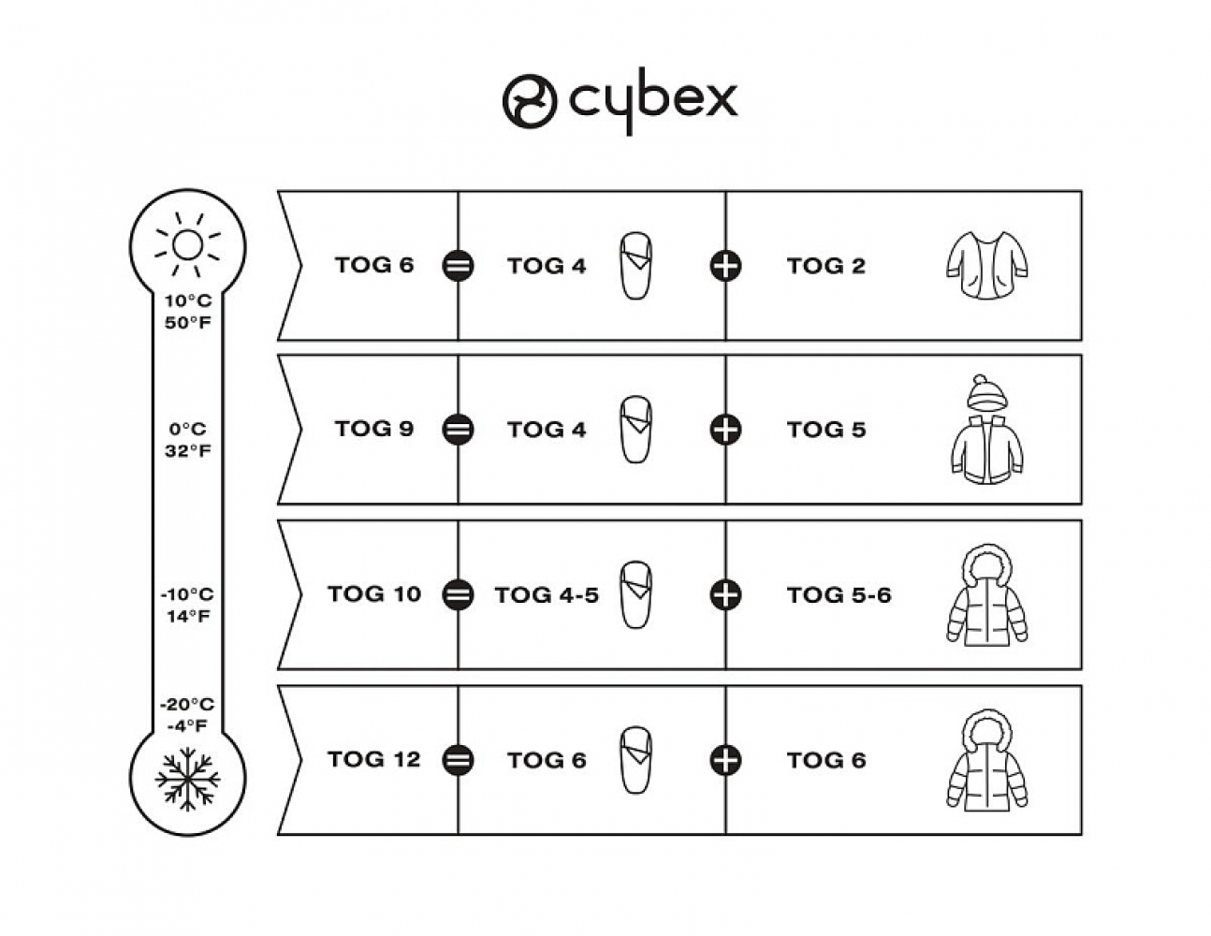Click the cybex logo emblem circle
(x=530, y=100)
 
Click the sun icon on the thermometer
(x=187, y=245)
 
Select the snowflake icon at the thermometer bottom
(x=187, y=777)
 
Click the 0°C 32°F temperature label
(x=188, y=440)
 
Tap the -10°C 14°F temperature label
(x=187, y=605)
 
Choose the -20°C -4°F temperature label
(x=187, y=714)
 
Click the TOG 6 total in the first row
(x=373, y=265)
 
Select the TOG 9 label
(x=373, y=429)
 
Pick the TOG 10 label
(x=374, y=593)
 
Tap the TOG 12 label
(x=374, y=759)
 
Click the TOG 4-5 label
(x=547, y=595)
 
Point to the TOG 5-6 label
(x=839, y=595)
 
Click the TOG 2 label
(x=825, y=266)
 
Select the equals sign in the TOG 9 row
(x=458, y=430)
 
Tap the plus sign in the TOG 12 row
(x=725, y=759)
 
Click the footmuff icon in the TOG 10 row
(x=636, y=594)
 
